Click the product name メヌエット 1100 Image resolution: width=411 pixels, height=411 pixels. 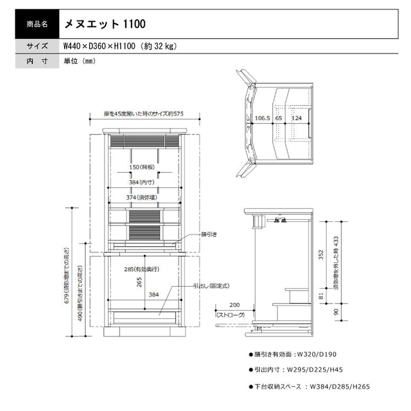100,25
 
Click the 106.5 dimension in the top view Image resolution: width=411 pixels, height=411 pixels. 262,119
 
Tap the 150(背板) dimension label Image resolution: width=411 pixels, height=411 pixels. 143,167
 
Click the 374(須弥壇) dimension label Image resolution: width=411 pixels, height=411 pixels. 143,197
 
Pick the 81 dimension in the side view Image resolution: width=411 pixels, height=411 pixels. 321,297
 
